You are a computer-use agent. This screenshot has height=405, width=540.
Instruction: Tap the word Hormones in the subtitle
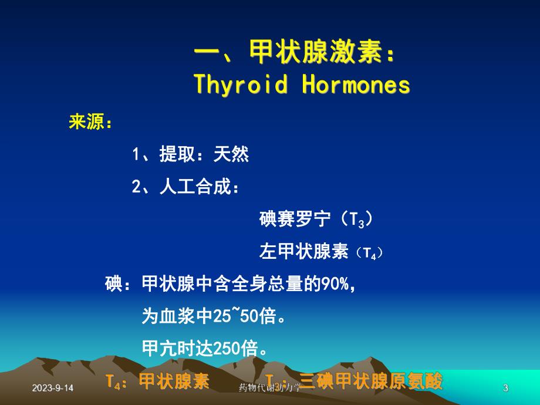point(356,85)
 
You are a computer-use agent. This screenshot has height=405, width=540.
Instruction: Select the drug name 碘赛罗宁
point(295,220)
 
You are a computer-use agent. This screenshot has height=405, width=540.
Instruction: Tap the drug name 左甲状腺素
point(304,252)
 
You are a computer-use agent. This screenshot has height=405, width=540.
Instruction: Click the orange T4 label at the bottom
point(114,382)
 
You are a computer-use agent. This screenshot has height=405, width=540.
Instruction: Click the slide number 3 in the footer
point(506,388)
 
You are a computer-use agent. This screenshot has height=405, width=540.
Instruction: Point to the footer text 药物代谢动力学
point(270,388)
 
